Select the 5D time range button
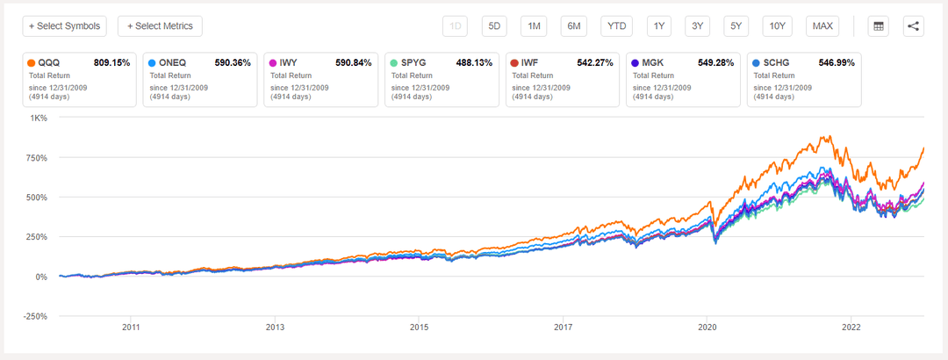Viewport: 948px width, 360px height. click(494, 25)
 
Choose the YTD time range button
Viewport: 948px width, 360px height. click(617, 25)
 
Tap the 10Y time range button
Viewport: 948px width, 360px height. click(777, 25)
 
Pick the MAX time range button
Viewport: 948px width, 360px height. click(822, 25)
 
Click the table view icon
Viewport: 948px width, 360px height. click(877, 25)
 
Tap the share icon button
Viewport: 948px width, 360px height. click(914, 25)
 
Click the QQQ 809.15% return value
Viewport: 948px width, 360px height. click(111, 63)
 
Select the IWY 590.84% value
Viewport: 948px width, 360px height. click(354, 63)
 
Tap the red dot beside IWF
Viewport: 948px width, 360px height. click(513, 63)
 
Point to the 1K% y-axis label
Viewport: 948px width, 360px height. click(39, 119)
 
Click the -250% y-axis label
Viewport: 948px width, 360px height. click(35, 316)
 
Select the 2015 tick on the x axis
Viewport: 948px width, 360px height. click(419, 327)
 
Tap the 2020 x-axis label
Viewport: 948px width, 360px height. click(707, 327)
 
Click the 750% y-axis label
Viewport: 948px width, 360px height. click(36, 158)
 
